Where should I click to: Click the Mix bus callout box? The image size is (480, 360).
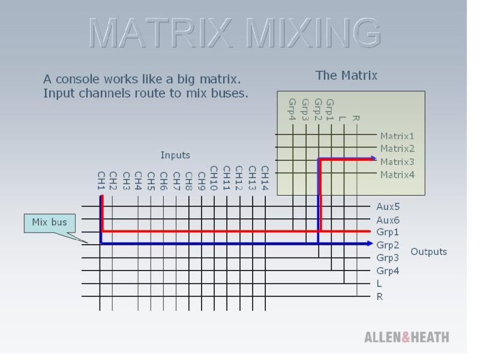50,223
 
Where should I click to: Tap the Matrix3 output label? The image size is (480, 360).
397,161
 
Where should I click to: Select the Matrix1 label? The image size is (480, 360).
397,136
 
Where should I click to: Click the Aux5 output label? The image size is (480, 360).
388,206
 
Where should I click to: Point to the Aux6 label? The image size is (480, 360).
388,220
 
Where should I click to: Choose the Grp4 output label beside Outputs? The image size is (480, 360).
388,271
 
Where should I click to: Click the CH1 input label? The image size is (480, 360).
101,181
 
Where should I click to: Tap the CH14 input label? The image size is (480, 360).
265,178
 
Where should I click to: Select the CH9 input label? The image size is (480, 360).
202,181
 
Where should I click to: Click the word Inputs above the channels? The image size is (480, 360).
175,155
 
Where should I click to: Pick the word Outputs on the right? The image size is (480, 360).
428,251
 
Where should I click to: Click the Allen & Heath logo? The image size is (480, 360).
407,337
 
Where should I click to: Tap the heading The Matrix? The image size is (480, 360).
346,76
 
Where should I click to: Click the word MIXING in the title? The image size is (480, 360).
313,33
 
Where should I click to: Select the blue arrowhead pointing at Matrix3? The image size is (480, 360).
373,158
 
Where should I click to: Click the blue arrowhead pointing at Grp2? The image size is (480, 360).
370,244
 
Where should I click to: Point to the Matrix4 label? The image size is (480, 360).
397,175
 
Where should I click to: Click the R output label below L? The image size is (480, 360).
380,296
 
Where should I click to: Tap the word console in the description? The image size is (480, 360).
77,79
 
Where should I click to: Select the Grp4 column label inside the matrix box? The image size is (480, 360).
292,109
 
